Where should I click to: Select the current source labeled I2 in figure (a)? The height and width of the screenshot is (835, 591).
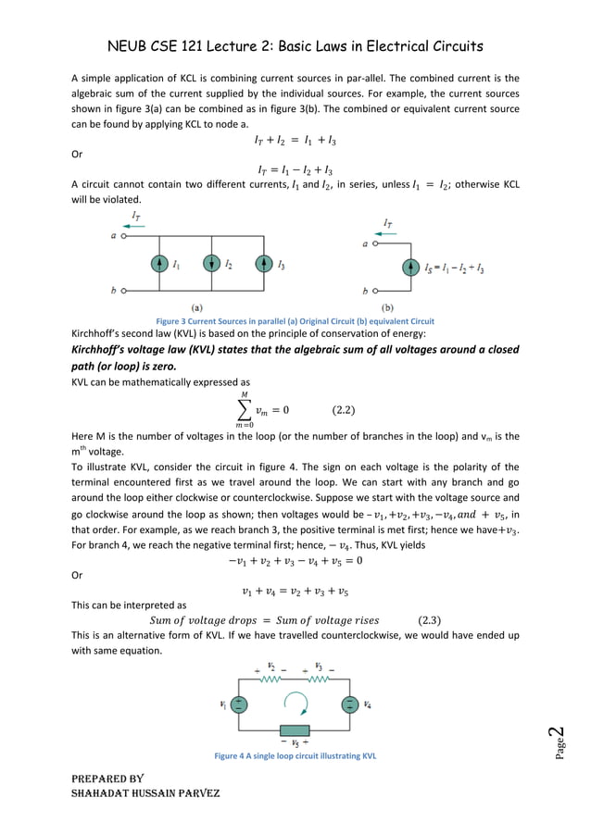pyautogui.click(x=211, y=264)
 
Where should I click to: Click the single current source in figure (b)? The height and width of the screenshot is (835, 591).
pyautogui.click(x=410, y=268)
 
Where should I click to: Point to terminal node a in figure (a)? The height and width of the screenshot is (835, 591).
pyautogui.click(x=120, y=235)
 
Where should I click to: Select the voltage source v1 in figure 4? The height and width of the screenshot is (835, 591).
pyautogui.click(x=239, y=704)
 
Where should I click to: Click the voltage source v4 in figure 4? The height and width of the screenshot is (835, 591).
pyautogui.click(x=349, y=704)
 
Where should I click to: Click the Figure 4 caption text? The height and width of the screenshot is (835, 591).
pyautogui.click(x=295, y=756)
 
